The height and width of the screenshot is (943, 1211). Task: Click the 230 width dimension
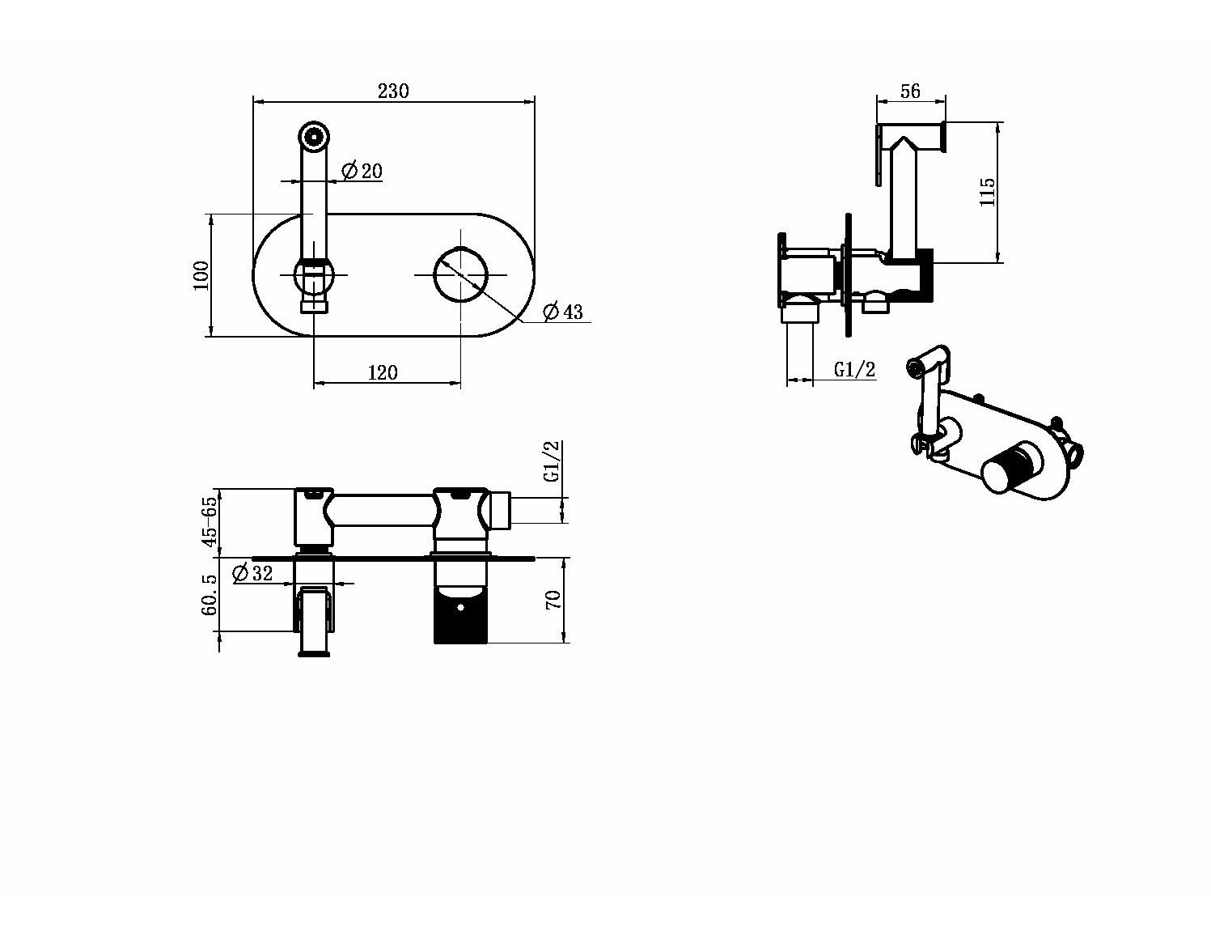pyautogui.click(x=393, y=91)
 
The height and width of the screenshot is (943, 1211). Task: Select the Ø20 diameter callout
pyautogui.click(x=362, y=171)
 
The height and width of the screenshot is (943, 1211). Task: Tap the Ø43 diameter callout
pyautogui.click(x=563, y=311)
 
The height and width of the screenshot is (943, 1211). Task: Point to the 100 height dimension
pyautogui.click(x=201, y=275)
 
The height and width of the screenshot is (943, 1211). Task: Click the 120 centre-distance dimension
pyautogui.click(x=383, y=372)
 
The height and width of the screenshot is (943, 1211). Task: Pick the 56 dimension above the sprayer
pyautogui.click(x=910, y=91)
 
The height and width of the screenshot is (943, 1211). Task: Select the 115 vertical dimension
pyautogui.click(x=987, y=192)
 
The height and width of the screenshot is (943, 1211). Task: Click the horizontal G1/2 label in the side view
pyautogui.click(x=854, y=369)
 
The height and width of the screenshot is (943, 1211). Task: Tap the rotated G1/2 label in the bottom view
pyautogui.click(x=551, y=461)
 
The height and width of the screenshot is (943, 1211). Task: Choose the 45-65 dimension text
pyautogui.click(x=210, y=521)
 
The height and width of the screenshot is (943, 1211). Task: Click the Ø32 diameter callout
pyautogui.click(x=252, y=573)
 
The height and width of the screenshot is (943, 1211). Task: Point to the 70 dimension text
pyautogui.click(x=553, y=600)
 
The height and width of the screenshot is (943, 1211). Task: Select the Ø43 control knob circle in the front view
pyautogui.click(x=460, y=275)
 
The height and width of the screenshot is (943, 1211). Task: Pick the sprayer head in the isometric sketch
pyautogui.click(x=928, y=363)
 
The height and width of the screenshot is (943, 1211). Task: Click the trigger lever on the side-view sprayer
pyautogui.click(x=880, y=155)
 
